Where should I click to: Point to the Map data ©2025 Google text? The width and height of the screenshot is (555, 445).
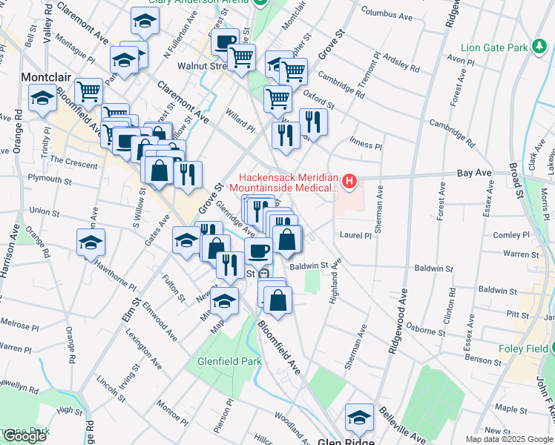point(509,439)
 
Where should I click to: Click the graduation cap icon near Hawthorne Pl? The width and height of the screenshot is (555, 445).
point(91,243)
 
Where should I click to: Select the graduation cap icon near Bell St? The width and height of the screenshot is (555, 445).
point(43,98)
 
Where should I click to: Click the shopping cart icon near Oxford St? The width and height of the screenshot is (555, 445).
point(277,98)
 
